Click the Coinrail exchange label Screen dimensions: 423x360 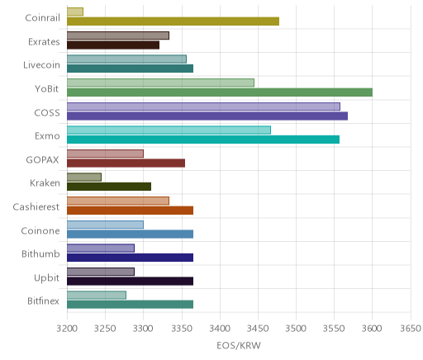coord(42,18)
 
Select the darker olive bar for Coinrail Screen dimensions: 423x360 coord(173,21)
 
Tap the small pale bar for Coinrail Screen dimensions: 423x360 coord(75,12)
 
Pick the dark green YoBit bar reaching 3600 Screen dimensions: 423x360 coord(220,92)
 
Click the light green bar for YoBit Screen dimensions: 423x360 coord(160,83)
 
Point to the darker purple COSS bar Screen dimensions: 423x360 coord(207,116)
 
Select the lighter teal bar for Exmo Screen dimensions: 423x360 coord(169,130)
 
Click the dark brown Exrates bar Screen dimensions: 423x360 coord(113,45)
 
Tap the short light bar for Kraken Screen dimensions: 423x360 coord(84,178)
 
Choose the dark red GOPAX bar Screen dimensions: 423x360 coord(126,163)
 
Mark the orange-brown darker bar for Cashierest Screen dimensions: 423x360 coord(130,211)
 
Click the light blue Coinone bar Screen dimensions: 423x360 coord(105,225)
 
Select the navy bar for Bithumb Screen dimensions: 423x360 coord(130,258)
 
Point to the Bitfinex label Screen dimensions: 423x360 coord(43,301)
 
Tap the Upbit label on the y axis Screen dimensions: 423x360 coord(46,278)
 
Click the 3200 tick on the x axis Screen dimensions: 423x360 coord(67,329)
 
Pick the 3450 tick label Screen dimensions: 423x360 coord(258,329)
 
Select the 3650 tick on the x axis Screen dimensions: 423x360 coord(411,329)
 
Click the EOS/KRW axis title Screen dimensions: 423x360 coord(239,345)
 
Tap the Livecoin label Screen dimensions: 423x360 coord(41,65)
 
